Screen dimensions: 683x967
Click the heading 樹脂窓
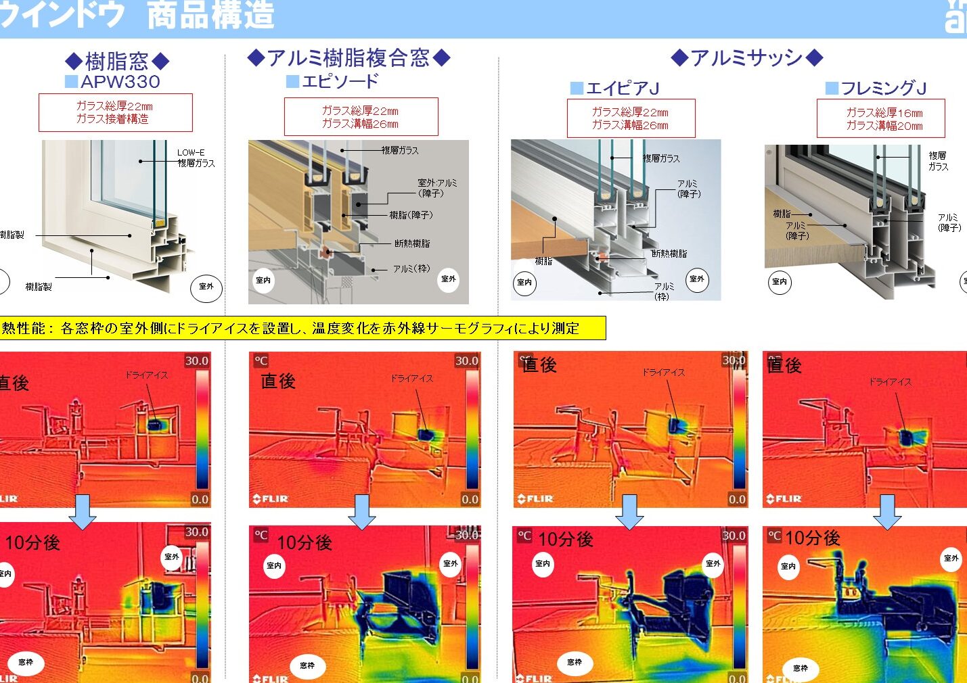click(x=116, y=62)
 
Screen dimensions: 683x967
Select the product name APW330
click(x=120, y=82)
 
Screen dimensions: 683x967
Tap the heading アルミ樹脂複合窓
click(x=348, y=58)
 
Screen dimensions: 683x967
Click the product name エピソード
click(x=340, y=81)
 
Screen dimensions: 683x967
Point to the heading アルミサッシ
click(x=746, y=58)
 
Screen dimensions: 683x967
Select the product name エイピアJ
click(x=622, y=88)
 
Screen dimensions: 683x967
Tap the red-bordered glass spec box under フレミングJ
click(x=880, y=119)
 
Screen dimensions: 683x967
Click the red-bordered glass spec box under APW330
click(x=115, y=112)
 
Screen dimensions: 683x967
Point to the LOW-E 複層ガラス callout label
click(x=196, y=158)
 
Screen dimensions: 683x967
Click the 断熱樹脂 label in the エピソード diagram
click(x=411, y=243)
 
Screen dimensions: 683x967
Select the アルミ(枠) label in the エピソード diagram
click(x=411, y=269)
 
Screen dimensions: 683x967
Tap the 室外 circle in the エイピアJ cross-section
click(x=696, y=279)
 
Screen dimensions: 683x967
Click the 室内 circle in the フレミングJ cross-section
click(x=780, y=282)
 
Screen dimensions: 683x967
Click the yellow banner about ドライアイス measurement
click(x=302, y=329)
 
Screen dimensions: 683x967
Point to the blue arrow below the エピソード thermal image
click(x=362, y=512)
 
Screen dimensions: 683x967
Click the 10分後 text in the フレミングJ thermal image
click(x=812, y=538)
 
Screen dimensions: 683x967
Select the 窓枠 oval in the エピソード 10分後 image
click(x=307, y=666)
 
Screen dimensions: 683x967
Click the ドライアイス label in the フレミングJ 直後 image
click(x=890, y=382)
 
